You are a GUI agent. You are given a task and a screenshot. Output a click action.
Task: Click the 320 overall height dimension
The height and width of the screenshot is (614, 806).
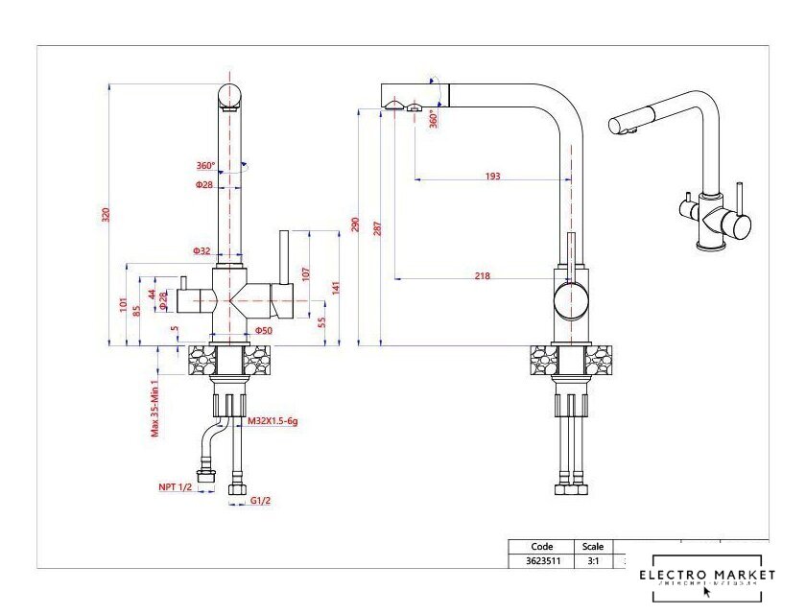pos(106,214)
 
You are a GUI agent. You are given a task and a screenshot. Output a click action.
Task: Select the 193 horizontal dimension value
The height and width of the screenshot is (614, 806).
pos(492,176)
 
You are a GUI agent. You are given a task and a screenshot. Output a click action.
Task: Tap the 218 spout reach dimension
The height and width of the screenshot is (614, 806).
pos(482,276)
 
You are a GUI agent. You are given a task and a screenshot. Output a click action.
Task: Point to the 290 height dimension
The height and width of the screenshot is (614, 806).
pos(355,224)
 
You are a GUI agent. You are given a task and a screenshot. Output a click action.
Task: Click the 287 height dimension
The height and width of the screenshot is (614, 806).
pos(378,228)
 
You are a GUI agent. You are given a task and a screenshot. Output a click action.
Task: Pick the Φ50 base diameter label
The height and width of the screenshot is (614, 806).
pos(264,331)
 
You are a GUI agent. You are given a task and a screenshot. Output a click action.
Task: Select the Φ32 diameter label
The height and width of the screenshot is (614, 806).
pos(201,250)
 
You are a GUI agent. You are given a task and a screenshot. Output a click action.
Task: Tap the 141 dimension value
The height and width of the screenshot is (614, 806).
pos(335,287)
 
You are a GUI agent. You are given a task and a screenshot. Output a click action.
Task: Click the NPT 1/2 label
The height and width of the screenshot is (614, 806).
pos(176,487)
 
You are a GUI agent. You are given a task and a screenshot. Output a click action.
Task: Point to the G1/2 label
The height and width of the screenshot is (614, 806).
pos(260,501)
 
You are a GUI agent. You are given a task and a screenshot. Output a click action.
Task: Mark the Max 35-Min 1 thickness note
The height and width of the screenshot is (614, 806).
pos(154,404)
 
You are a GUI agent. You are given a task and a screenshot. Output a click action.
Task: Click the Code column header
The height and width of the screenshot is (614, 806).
pos(542,547)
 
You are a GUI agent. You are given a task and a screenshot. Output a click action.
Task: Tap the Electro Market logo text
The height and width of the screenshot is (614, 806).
pos(707,575)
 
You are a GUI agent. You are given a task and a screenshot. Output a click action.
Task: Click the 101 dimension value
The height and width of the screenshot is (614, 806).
pos(124,305)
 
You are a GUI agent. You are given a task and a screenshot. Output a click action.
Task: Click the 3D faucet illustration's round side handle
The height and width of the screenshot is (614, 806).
pos(737,227)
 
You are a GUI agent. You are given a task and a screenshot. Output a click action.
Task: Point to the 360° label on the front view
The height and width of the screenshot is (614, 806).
pos(206,165)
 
